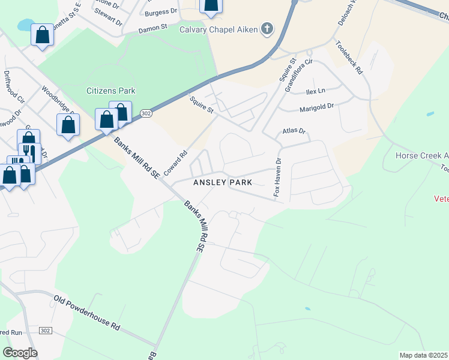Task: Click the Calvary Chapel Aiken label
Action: (218, 29)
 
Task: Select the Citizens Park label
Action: (111, 91)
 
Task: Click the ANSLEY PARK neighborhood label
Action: (221, 182)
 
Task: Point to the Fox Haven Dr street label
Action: (277, 178)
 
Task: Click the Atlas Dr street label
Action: (294, 131)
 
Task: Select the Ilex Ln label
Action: (315, 91)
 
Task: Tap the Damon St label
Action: (152, 28)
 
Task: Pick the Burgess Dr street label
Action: (161, 11)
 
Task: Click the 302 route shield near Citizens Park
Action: (146, 113)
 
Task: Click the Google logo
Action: (20, 353)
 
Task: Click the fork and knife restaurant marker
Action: (28, 152)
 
